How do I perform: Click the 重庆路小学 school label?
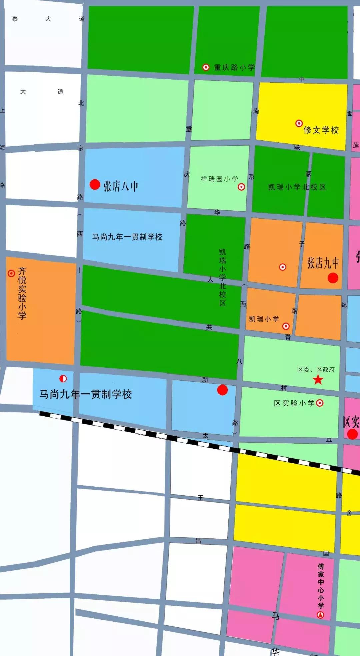[x=234, y=67]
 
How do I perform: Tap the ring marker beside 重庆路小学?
[x=206, y=67]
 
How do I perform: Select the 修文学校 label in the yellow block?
[x=321, y=130]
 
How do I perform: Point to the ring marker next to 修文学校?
[x=299, y=123]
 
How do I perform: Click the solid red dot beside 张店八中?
[x=95, y=184]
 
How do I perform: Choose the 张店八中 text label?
[x=121, y=186]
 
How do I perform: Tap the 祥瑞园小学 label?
[x=219, y=179]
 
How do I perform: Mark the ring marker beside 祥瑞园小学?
[x=241, y=187]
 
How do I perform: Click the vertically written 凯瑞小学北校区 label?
[x=223, y=277]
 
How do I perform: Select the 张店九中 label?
[x=323, y=263]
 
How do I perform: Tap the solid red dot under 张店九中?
[x=333, y=278]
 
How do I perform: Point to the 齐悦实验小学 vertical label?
[x=22, y=293]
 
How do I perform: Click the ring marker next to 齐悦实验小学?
[x=11, y=273]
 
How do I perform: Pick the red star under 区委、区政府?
[x=318, y=379]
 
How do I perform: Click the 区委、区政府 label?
[x=316, y=369]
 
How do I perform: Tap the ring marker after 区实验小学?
[x=320, y=403]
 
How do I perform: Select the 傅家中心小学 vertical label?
[x=321, y=586]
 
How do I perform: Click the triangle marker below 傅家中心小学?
[x=320, y=615]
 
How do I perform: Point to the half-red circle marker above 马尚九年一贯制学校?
[x=63, y=379]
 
